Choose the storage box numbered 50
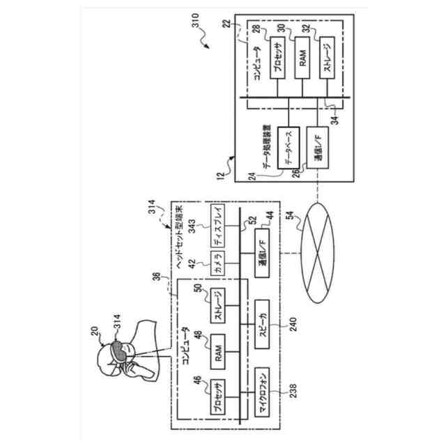(217, 305)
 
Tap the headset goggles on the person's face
(120, 349)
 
